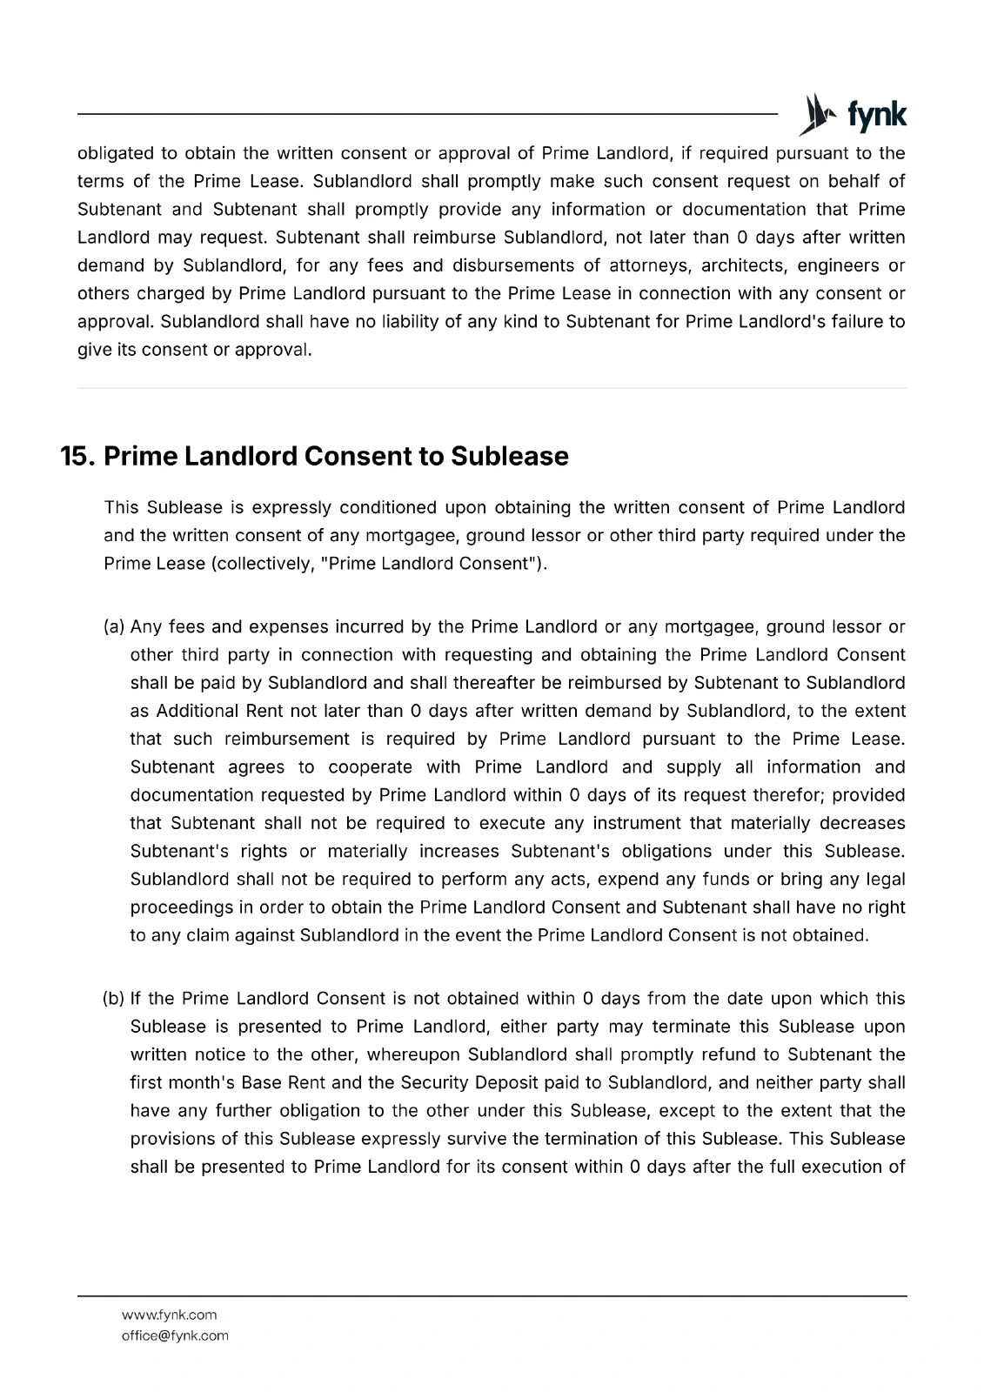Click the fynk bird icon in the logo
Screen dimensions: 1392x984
click(x=815, y=114)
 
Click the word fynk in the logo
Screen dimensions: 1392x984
click(x=876, y=115)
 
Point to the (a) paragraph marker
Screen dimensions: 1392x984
click(x=115, y=627)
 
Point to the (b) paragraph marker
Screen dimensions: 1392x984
click(x=115, y=999)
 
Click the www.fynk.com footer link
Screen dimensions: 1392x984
click(x=169, y=1315)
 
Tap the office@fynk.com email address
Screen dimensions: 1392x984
click(x=175, y=1335)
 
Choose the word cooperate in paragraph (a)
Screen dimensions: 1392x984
click(x=370, y=767)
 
